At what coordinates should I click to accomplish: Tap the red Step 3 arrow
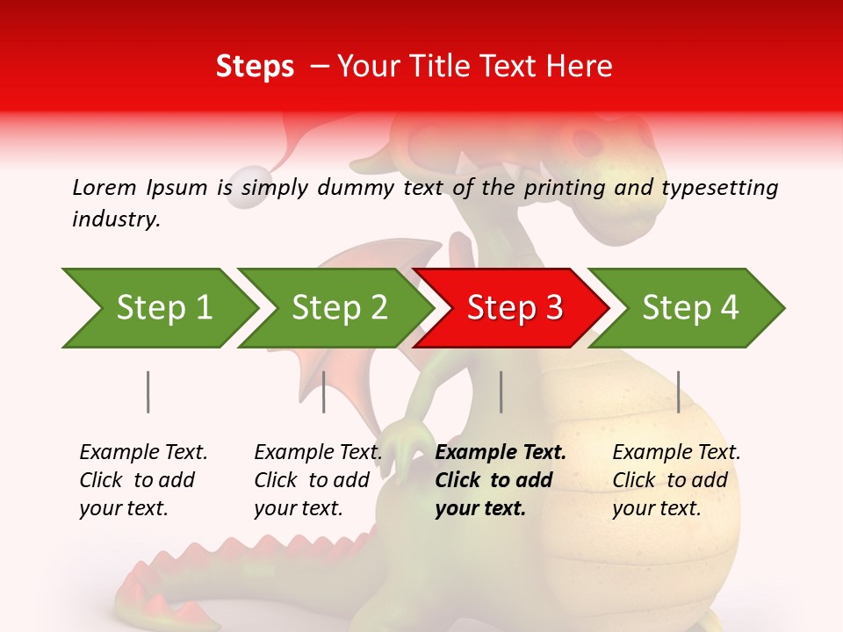tap(515, 308)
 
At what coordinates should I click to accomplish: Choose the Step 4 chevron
tap(690, 308)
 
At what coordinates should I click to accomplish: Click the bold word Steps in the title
tap(255, 67)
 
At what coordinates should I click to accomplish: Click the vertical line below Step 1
tap(148, 391)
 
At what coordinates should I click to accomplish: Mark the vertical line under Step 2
tap(323, 391)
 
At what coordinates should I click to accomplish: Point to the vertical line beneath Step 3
tap(501, 391)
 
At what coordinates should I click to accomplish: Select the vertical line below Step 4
tap(678, 391)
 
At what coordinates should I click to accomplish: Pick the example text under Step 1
tap(142, 480)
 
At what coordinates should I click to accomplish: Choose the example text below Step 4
tap(675, 480)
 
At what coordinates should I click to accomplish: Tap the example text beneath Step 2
tap(317, 480)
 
